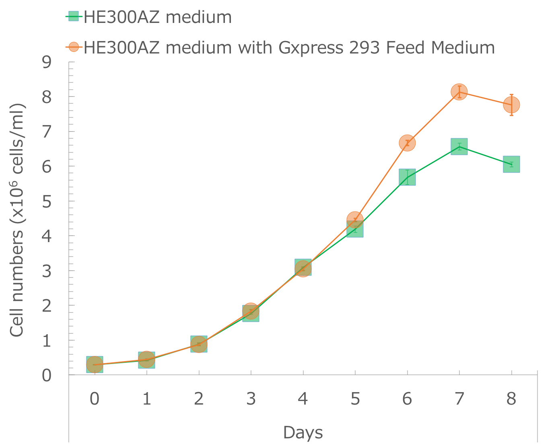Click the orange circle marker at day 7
pos(459,92)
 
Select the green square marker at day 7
pos(459,147)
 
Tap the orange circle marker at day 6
pos(407,143)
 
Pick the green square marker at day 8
pos(511,164)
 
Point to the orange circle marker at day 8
pos(511,105)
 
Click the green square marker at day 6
pos(407,177)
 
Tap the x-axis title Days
pos(303,433)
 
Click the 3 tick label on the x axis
pos(251,399)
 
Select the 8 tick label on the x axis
pos(511,399)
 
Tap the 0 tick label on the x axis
pos(95,399)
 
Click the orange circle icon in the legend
pos(74,47)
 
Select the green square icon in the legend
pos(74,17)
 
